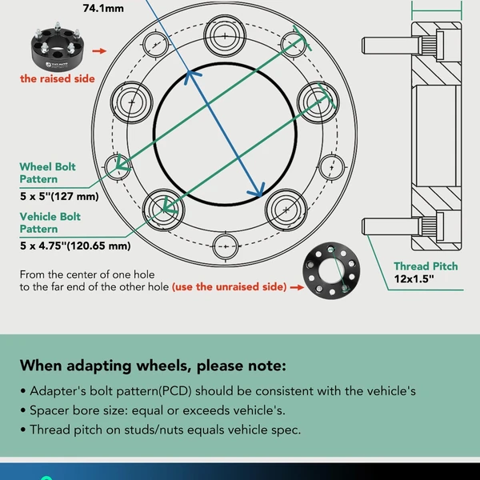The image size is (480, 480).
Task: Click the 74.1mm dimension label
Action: click(x=103, y=8)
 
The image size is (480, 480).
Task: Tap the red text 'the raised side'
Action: click(x=58, y=78)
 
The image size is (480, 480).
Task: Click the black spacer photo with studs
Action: click(x=58, y=46)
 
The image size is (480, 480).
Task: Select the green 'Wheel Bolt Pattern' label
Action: click(x=47, y=173)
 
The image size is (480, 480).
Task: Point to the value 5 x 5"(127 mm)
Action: click(x=59, y=196)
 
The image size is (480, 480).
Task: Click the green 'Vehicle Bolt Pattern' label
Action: click(x=50, y=223)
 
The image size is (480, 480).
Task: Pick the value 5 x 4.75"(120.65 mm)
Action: click(x=75, y=246)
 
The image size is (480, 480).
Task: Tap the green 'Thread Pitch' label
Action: click(x=426, y=266)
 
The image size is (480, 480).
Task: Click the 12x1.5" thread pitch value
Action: click(x=414, y=279)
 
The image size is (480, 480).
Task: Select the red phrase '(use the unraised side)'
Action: click(x=230, y=287)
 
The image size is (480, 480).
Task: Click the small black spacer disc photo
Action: click(x=331, y=270)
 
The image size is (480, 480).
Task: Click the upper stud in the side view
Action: click(x=387, y=46)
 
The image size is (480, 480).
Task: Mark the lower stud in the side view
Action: click(x=387, y=226)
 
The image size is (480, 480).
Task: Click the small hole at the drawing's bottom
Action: click(x=226, y=246)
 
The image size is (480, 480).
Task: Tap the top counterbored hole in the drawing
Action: click(x=225, y=36)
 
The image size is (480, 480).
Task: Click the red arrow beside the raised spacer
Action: click(x=99, y=51)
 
